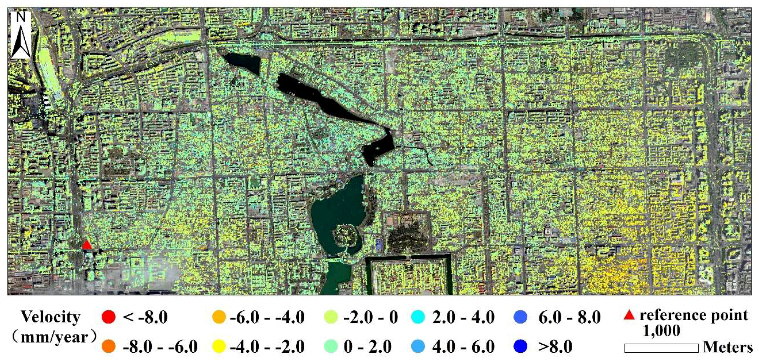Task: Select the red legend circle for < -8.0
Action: pos(108,317)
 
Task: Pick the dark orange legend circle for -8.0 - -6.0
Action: pos(108,346)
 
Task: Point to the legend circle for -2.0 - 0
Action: pos(331,317)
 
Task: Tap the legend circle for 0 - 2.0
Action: pos(331,346)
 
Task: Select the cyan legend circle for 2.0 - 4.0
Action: pos(418,317)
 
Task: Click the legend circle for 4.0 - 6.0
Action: pos(418,346)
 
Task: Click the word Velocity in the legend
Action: pos(51,317)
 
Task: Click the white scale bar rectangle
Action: pos(661,348)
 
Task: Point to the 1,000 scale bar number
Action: pos(661,331)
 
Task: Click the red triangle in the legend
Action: pos(629,316)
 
